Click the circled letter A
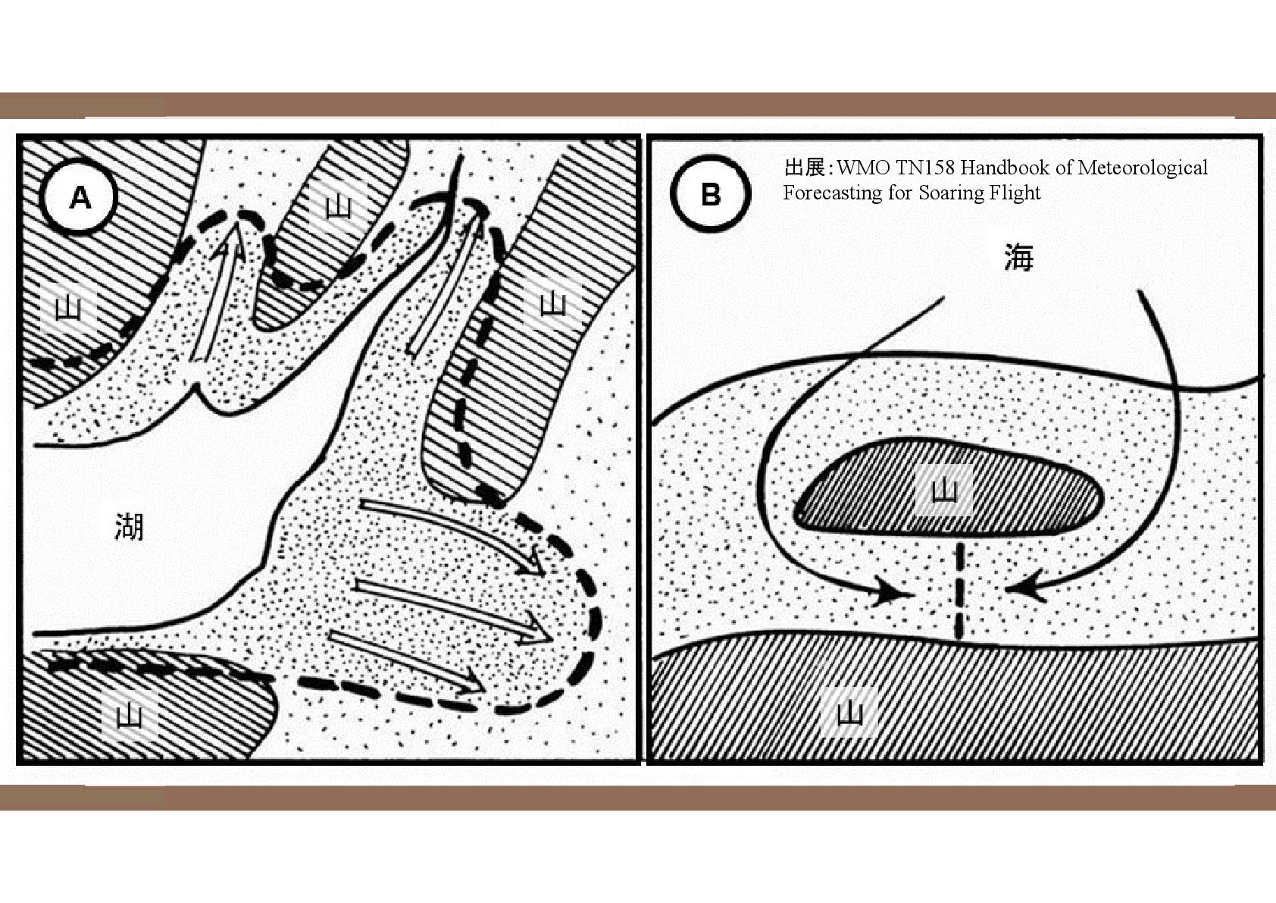click(80, 198)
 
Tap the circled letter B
click(710, 194)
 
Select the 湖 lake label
click(129, 526)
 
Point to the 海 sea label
click(1018, 258)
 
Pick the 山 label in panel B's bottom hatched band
click(849, 713)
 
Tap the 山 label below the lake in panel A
click(129, 716)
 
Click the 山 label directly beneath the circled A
click(68, 308)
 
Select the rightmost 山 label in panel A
click(553, 303)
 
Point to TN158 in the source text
click(923, 168)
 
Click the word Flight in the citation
click(1015, 193)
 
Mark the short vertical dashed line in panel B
click(960, 591)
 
